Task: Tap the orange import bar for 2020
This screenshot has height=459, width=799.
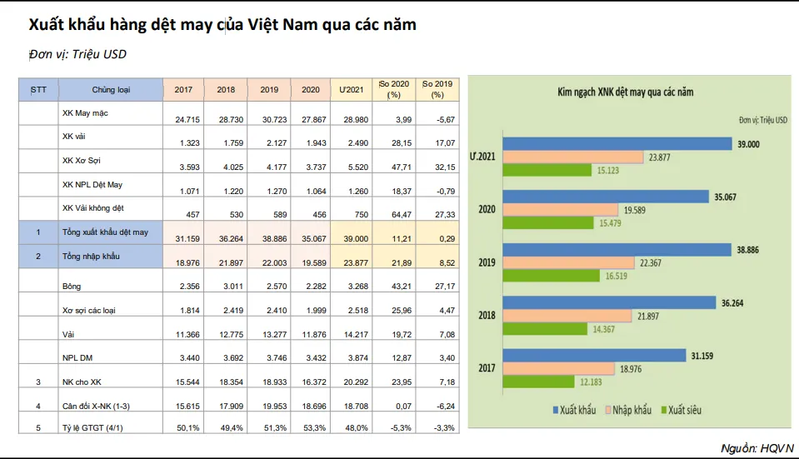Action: click(x=559, y=209)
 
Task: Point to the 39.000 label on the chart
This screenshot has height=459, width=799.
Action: click(x=748, y=143)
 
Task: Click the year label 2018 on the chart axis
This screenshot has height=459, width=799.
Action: click(x=487, y=316)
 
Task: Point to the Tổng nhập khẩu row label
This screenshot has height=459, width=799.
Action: click(x=91, y=257)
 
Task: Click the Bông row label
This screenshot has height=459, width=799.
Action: click(x=72, y=287)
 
